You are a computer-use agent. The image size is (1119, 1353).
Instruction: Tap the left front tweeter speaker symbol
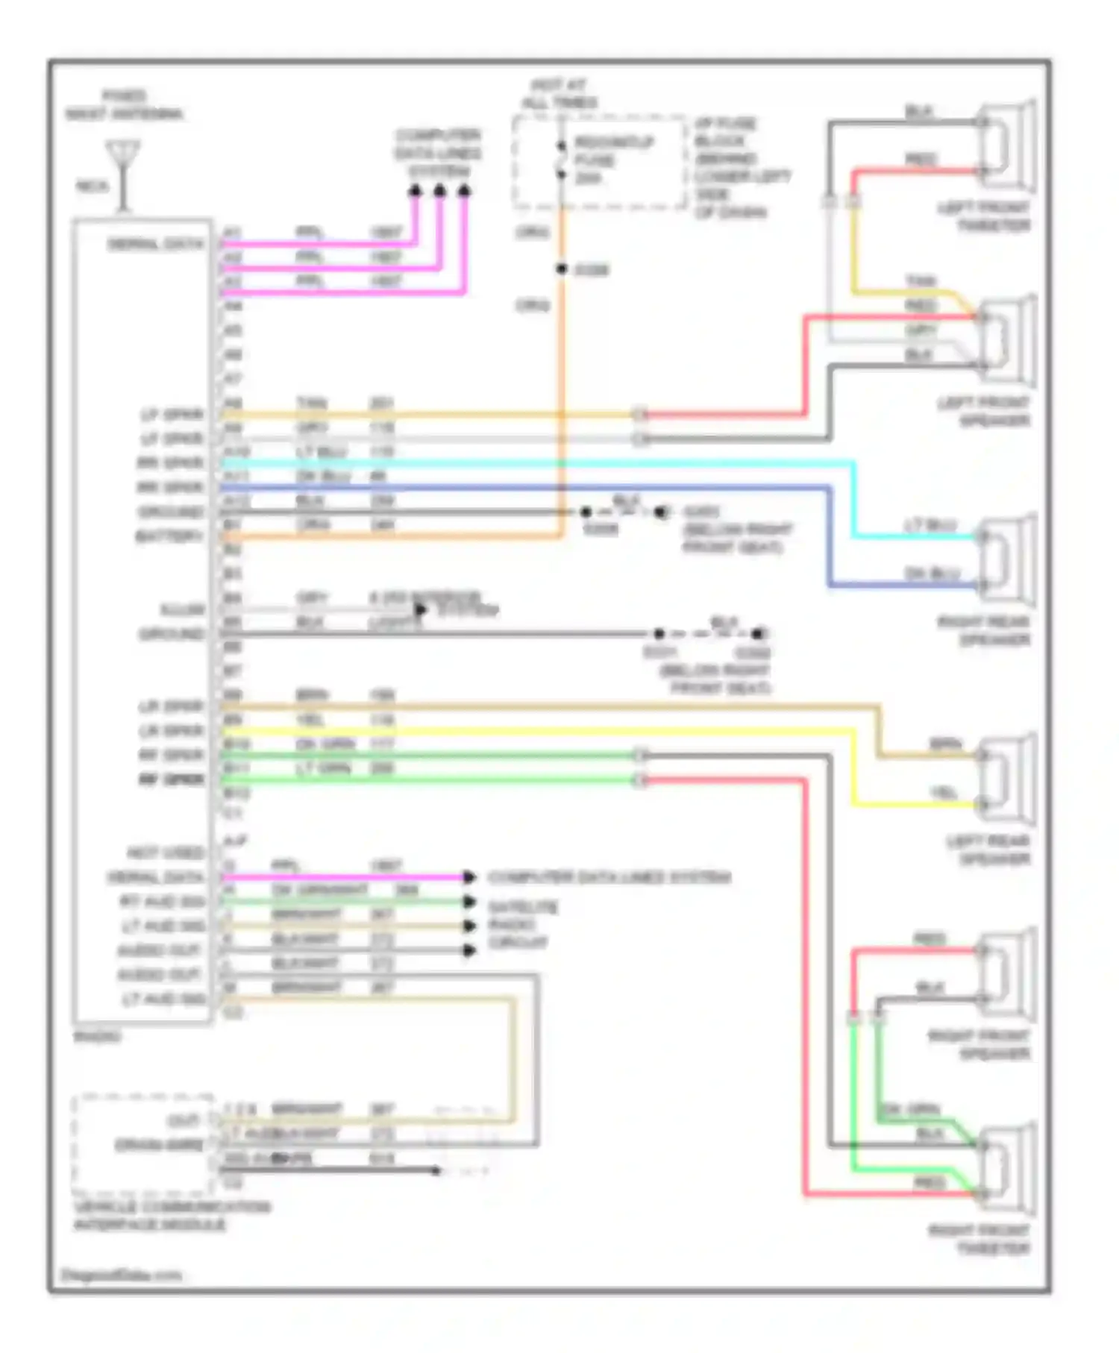(x=1007, y=145)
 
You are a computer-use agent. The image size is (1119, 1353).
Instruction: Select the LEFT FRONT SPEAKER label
(x=983, y=412)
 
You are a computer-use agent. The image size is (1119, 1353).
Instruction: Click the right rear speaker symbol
(x=1007, y=559)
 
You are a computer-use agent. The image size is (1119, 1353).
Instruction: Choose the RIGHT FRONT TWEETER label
(x=979, y=1240)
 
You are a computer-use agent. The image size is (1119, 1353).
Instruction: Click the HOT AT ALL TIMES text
(x=559, y=94)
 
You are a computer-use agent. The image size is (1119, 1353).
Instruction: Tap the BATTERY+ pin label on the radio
(x=169, y=536)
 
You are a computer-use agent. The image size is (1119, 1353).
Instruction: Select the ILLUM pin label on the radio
(x=182, y=609)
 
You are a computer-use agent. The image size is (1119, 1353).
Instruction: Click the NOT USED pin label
(x=165, y=852)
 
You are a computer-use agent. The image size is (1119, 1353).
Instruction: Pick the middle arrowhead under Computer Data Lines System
(x=439, y=192)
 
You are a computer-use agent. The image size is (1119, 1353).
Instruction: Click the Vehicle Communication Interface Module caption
(x=172, y=1216)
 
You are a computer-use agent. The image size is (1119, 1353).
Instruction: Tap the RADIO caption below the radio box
(x=97, y=1037)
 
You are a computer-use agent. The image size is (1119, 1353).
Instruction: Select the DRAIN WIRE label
(x=158, y=1145)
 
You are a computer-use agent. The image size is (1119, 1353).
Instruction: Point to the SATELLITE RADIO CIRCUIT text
(x=522, y=925)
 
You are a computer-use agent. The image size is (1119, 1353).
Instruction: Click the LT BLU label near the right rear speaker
(x=930, y=525)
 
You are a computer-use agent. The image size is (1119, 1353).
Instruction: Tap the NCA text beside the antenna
(x=93, y=186)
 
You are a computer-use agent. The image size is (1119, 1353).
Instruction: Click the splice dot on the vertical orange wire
(x=561, y=269)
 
